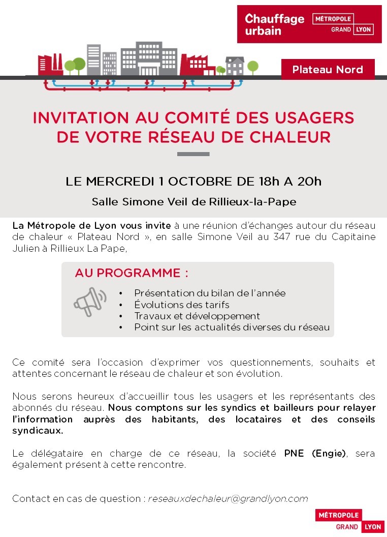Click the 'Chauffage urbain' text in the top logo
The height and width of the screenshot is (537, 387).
[274, 24]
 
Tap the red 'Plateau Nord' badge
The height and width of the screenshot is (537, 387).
[328, 70]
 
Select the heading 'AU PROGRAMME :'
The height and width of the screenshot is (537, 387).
[132, 273]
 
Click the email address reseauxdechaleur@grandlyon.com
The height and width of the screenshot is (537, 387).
[228, 499]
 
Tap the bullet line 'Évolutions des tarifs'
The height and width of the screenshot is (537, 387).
[182, 305]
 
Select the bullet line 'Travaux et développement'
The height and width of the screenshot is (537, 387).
[197, 316]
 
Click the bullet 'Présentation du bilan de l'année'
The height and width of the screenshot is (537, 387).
[210, 293]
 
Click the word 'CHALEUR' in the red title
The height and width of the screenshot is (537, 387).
[292, 137]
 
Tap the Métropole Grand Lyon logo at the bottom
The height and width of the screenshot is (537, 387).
[349, 521]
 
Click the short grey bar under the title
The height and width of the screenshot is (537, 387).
[193, 154]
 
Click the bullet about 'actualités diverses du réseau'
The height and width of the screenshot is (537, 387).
[232, 327]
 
